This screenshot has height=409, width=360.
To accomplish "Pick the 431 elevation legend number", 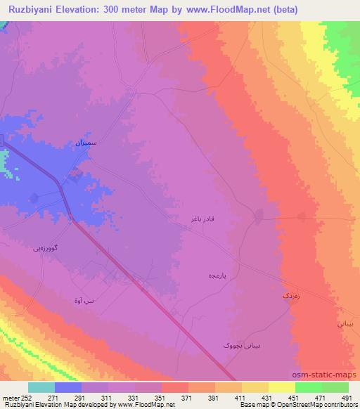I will point(268,398).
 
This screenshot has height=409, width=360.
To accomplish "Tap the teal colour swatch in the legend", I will point(41,387).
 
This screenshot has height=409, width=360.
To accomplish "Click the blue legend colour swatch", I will point(68,387).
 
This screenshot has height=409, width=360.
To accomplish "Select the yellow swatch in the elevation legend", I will point(255,387).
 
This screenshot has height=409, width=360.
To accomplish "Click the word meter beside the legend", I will point(10,398).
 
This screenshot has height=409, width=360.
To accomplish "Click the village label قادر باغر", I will point(200,220).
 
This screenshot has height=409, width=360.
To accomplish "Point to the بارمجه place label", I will point(215,274).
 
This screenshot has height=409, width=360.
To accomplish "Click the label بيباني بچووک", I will point(227,346).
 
